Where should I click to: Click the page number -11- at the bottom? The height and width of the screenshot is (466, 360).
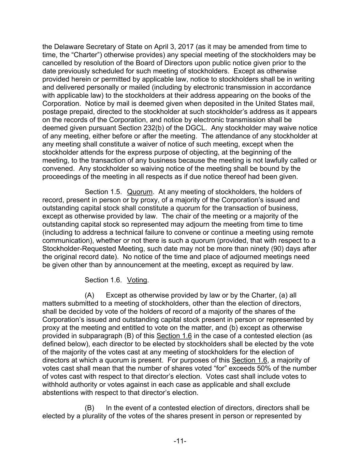pyautogui.click(x=180, y=441)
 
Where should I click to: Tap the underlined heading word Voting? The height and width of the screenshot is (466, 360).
pyautogui.click(x=137, y=280)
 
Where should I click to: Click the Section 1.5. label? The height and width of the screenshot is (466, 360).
pyautogui.click(x=103, y=192)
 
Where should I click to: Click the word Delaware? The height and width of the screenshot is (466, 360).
pyautogui.click(x=69, y=47)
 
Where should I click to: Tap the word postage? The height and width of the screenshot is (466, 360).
pyautogui.click(x=54, y=112)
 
